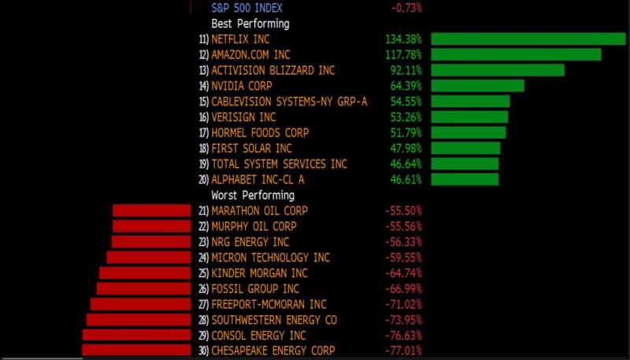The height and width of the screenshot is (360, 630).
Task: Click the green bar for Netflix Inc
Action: [528, 39]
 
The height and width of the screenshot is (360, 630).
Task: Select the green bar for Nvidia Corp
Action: [477, 86]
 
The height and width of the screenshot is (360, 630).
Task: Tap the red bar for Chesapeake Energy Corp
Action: [136, 351]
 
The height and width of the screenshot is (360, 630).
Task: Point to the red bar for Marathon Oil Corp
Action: [152, 210]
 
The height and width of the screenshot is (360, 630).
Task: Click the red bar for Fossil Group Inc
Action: [143, 288]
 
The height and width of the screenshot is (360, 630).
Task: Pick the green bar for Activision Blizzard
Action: [498, 70]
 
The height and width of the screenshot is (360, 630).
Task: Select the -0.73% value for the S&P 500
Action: [406, 8]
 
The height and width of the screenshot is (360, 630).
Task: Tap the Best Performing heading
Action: [250, 24]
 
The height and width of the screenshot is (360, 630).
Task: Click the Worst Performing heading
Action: [253, 195]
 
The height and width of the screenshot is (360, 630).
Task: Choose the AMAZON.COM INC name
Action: [250, 54]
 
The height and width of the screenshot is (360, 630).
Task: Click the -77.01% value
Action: [404, 351]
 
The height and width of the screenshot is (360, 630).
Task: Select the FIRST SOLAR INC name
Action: [251, 148]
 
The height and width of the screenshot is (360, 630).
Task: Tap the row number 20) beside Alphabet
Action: [203, 180]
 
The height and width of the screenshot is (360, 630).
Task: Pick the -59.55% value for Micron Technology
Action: [404, 258]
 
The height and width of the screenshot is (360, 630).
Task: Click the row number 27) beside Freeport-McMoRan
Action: [203, 304]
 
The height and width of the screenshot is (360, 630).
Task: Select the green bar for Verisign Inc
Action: [469, 117]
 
